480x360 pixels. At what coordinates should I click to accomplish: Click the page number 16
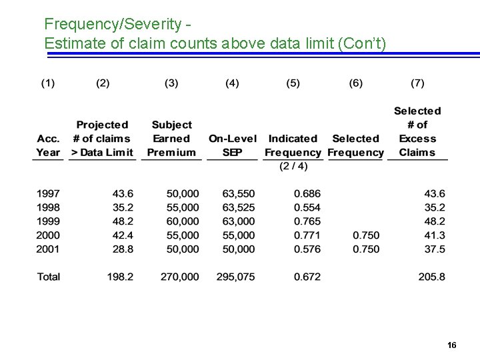click(x=452, y=345)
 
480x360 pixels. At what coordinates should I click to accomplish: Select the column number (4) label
click(x=232, y=83)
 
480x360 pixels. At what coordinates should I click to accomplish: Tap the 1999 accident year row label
click(x=48, y=221)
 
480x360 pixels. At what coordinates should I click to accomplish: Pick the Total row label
click(x=48, y=277)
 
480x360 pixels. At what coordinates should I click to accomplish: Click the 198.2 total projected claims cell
click(x=120, y=277)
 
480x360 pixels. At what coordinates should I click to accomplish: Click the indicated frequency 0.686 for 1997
click(x=307, y=194)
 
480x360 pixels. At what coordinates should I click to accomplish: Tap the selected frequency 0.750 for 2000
click(x=366, y=235)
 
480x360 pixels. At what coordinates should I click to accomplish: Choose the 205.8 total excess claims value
click(x=432, y=277)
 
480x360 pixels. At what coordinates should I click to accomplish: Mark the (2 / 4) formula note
click(x=293, y=166)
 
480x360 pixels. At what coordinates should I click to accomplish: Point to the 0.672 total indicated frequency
click(x=307, y=277)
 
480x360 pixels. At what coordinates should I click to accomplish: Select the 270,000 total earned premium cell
click(x=180, y=277)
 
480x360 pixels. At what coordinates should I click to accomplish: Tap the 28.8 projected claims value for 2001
click(x=123, y=249)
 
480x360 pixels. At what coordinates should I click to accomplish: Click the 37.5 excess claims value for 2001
click(x=435, y=249)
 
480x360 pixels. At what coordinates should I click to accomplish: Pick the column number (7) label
click(x=417, y=83)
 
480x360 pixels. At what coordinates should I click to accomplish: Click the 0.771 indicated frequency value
click(x=307, y=235)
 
